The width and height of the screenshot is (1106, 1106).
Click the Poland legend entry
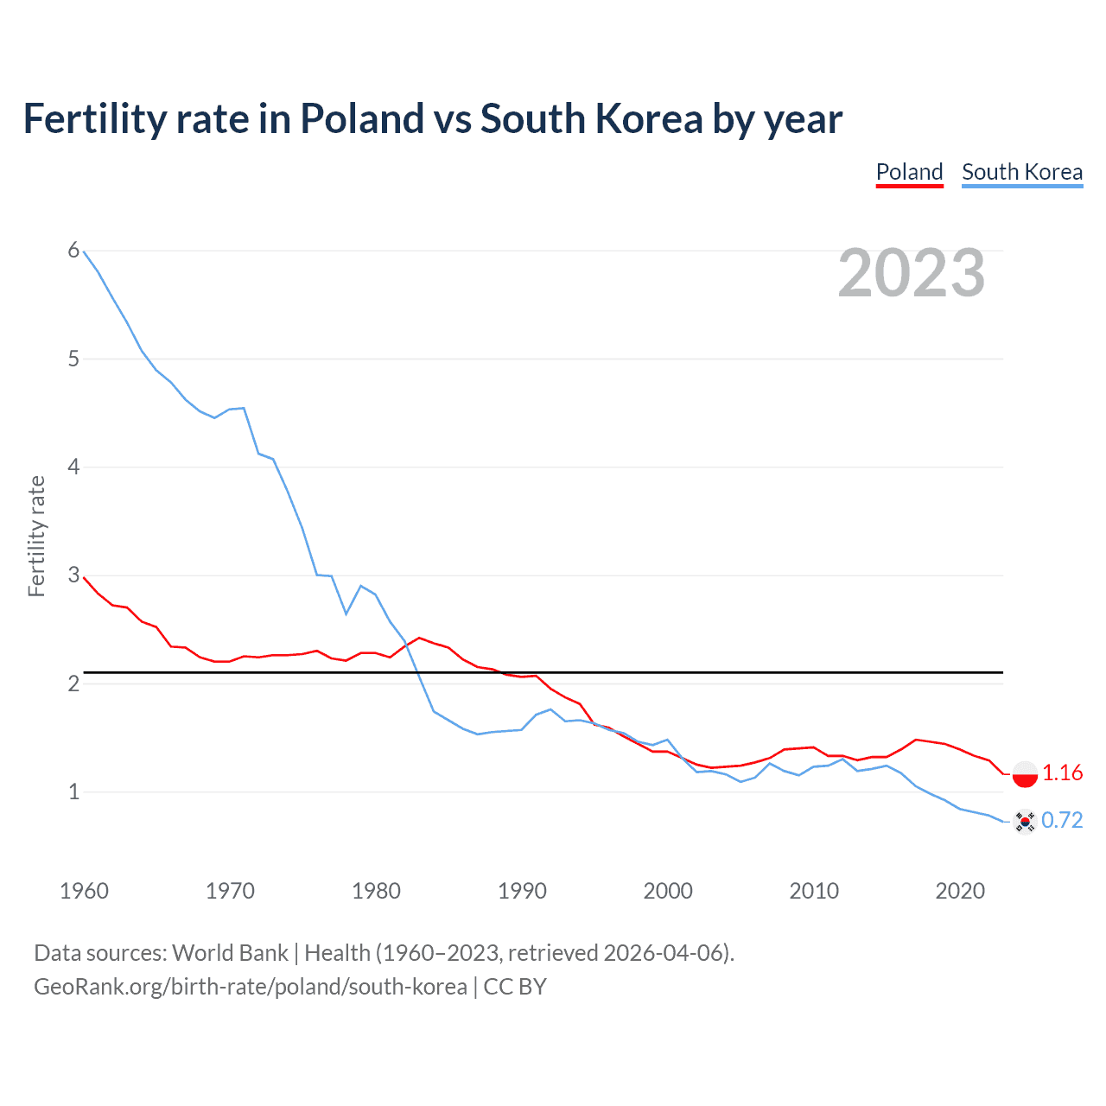909,172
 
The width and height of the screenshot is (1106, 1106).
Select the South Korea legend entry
1022,172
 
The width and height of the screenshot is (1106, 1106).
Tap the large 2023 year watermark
912,273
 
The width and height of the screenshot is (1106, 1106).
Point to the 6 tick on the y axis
73,251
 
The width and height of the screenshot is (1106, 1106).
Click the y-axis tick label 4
73,467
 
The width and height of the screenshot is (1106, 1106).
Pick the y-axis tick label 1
73,791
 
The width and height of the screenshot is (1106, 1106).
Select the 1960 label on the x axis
84,891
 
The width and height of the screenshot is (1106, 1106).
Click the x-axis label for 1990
522,891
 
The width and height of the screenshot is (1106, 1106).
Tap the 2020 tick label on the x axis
960,891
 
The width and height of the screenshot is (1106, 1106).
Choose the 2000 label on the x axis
668,891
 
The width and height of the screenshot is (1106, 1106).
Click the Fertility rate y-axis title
36,536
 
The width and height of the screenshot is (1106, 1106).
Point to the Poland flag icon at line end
1025,774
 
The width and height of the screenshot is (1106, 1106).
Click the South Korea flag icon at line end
1025,821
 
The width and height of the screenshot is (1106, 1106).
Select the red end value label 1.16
1062,773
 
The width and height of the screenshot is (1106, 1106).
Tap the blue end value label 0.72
1062,820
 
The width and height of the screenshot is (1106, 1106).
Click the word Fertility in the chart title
94,118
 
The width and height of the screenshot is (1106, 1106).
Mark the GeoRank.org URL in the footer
250,987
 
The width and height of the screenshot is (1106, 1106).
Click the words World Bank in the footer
230,953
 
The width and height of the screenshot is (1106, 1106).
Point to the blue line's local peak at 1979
361,586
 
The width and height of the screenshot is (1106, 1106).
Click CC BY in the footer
515,987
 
